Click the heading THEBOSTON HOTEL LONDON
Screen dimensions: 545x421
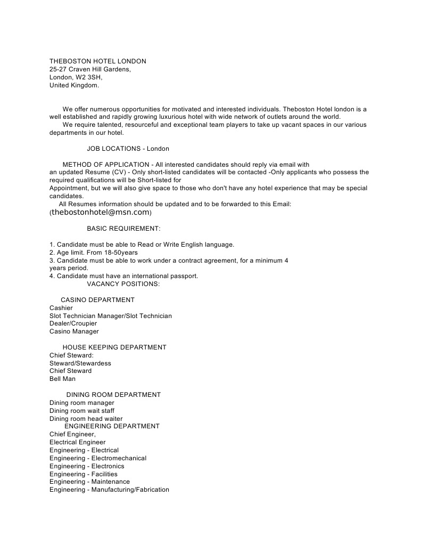[x=97, y=61]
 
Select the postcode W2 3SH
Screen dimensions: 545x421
[x=85, y=77]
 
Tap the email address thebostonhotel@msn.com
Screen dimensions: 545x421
[x=101, y=212]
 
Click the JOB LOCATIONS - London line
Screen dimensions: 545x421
[x=128, y=148]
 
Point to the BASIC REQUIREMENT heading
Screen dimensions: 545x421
[x=123, y=229]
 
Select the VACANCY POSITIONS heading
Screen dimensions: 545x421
[x=123, y=284]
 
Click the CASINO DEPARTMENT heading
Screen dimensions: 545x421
[x=97, y=300]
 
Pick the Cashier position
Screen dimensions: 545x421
[x=61, y=308]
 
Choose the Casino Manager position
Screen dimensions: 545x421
[x=74, y=331]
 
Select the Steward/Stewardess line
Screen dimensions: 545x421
[x=80, y=363]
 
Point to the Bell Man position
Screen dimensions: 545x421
[x=62, y=379]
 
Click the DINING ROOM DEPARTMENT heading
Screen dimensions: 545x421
[x=113, y=395]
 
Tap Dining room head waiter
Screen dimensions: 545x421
[x=86, y=419]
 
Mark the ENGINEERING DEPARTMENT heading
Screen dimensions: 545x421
[x=112, y=426]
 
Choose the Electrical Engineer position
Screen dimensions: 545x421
[x=77, y=442]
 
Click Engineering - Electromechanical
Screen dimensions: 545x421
[x=98, y=458]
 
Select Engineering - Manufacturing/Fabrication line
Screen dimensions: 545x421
[x=109, y=490]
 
